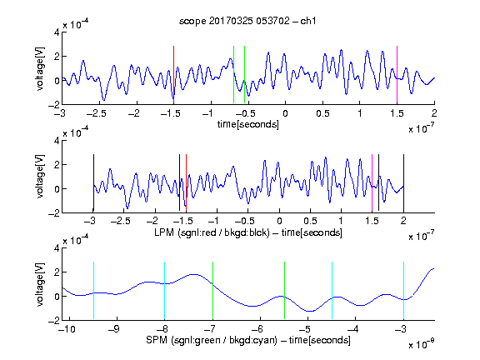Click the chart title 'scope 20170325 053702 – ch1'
[x=247, y=21]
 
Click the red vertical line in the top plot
[x=173, y=75]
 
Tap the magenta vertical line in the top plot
[x=397, y=75]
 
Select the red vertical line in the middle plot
[x=186, y=183]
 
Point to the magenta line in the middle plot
[x=372, y=183]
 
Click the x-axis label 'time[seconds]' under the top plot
[x=248, y=124]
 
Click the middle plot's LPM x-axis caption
[x=248, y=232]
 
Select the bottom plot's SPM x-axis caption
[x=248, y=340]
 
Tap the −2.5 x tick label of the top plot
[x=96, y=113]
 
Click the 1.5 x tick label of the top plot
[x=397, y=113]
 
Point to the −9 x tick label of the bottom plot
[x=114, y=329]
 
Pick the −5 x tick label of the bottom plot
[x=305, y=329]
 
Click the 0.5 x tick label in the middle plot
[x=310, y=221]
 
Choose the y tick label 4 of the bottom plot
[x=57, y=248]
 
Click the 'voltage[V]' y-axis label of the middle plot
[x=40, y=177]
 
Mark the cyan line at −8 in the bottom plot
[x=165, y=291]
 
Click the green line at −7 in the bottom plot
[x=212, y=291]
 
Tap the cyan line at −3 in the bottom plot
[x=403, y=291]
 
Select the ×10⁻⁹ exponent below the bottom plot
[x=422, y=344]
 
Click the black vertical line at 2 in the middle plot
[x=403, y=183]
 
